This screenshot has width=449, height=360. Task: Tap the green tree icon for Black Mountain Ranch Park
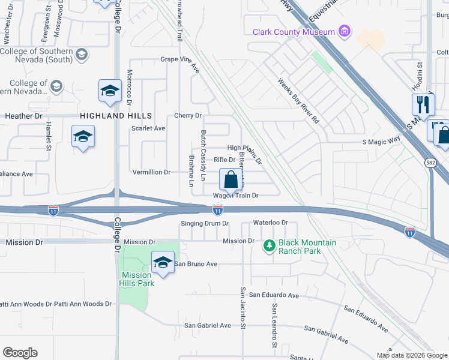[x=270, y=245]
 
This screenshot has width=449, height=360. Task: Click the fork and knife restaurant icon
[x=423, y=104]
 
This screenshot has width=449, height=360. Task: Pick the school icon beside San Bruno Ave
[x=162, y=262]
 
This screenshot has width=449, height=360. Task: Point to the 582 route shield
[x=431, y=162]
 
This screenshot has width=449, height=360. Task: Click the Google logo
[x=20, y=353]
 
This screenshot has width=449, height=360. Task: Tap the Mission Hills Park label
[x=139, y=279]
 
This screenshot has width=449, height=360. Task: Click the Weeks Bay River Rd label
[x=298, y=100]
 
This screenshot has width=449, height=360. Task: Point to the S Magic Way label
[x=381, y=142]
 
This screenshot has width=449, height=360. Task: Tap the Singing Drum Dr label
[x=205, y=223]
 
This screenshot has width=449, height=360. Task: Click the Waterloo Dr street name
[x=271, y=223]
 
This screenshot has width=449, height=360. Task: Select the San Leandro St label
[x=274, y=325]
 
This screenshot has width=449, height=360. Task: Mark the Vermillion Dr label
[x=151, y=172]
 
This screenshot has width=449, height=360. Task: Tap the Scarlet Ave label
[x=148, y=128]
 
